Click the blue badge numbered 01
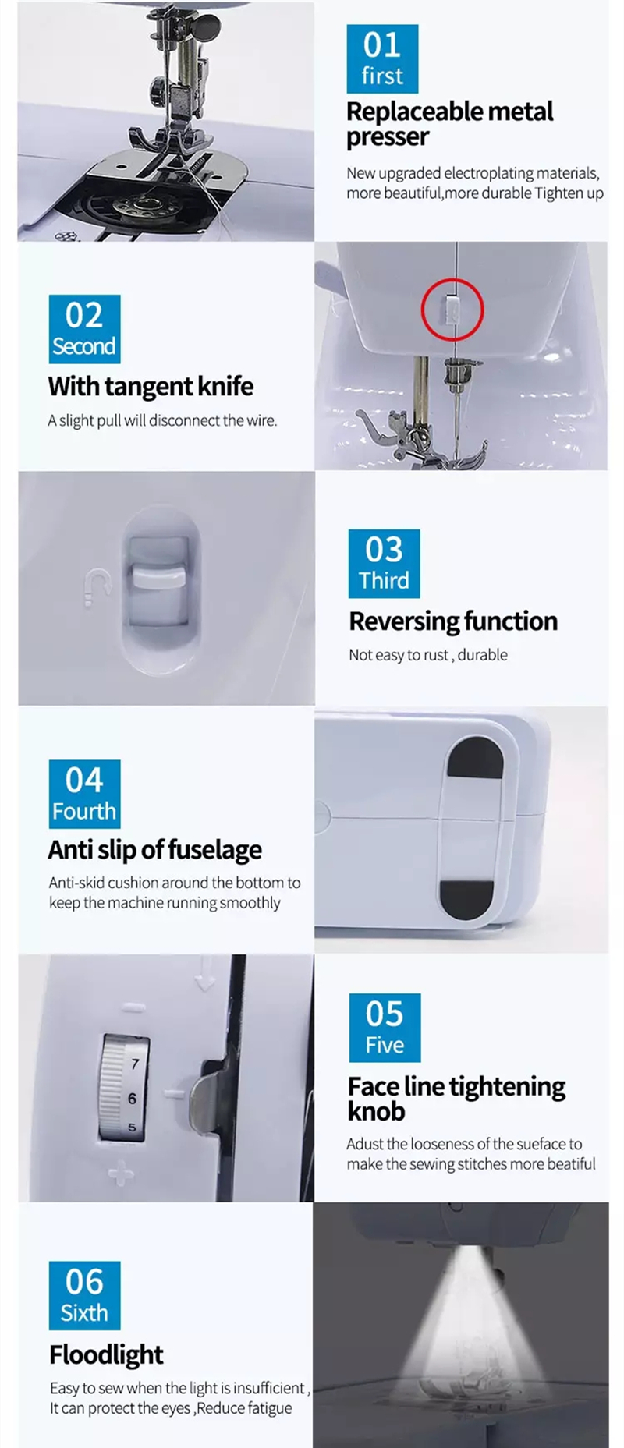382,58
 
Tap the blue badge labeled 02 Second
84,329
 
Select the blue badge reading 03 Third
384,564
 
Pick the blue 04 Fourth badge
84,794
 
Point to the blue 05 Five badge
385,1028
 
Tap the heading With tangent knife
151,386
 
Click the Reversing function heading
453,621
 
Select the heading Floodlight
106,1354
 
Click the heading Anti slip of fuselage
154,849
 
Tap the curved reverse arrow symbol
96,586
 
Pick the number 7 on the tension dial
135,1064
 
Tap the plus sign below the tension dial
121,1172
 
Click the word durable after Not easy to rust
482,655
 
